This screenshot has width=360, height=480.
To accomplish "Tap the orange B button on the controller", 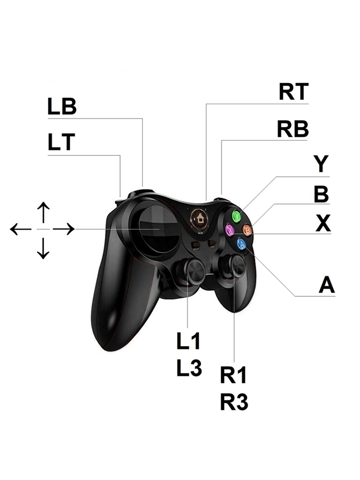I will [x=248, y=230].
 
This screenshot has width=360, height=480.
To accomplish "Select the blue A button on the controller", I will [x=241, y=244].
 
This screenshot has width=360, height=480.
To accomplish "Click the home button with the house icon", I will [x=199, y=218].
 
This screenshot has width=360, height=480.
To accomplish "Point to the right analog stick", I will [x=236, y=265].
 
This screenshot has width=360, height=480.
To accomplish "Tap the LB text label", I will [x=62, y=107].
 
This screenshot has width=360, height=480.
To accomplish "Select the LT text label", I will [x=61, y=142].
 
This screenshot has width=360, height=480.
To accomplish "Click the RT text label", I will [x=294, y=92].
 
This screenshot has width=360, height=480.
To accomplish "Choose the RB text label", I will [x=293, y=129].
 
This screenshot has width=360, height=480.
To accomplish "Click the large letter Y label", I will [x=321, y=164].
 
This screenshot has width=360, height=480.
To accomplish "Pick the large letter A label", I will [x=326, y=286].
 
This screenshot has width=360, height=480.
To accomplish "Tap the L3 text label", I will [x=189, y=368].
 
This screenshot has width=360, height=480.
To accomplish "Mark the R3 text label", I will [x=234, y=402].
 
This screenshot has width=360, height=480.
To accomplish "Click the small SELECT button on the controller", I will [x=196, y=245].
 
